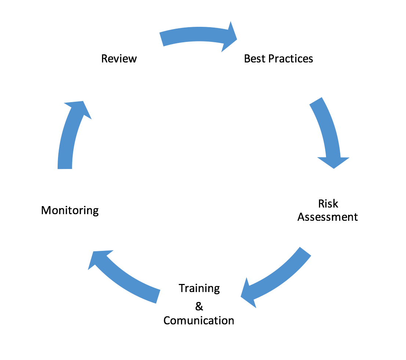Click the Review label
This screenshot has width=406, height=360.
(x=119, y=58)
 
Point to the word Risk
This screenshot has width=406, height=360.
(x=328, y=204)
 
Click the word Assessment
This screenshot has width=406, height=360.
(x=327, y=217)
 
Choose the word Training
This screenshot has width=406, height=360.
(x=199, y=288)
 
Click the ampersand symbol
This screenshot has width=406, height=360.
(x=199, y=306)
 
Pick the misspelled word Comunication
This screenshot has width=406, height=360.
(x=199, y=320)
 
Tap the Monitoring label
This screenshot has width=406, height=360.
(x=70, y=210)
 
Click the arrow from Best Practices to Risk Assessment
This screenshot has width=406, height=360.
(x=327, y=129)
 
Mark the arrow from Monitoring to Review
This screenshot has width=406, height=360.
(x=68, y=136)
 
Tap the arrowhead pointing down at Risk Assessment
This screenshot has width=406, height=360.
(x=333, y=162)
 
